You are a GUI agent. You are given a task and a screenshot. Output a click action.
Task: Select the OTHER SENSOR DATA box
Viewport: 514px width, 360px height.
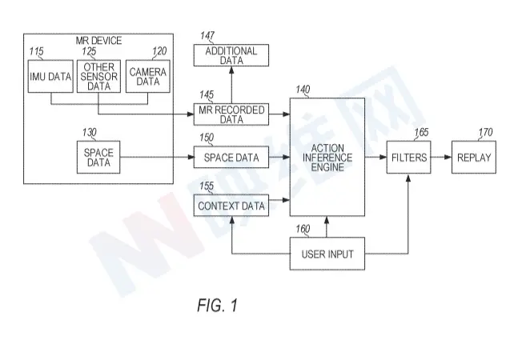[x=98, y=76]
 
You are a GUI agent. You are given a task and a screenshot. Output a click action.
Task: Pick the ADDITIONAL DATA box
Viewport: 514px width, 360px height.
[x=231, y=55]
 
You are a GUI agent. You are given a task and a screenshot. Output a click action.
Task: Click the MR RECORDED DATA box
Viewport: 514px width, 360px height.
[x=231, y=114]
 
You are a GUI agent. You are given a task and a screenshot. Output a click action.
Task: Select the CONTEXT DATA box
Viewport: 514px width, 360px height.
[x=231, y=206]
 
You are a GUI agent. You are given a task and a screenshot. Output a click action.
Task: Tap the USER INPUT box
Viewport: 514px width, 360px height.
[x=327, y=257]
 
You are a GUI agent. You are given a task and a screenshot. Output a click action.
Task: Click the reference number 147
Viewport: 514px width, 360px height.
[x=207, y=37]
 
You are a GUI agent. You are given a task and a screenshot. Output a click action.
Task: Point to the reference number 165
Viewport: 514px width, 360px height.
[x=421, y=133]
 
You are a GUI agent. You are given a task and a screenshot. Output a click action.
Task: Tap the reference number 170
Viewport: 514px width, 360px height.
[x=486, y=133]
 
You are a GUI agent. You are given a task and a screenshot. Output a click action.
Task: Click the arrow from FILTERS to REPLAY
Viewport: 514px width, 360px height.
[x=439, y=158]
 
